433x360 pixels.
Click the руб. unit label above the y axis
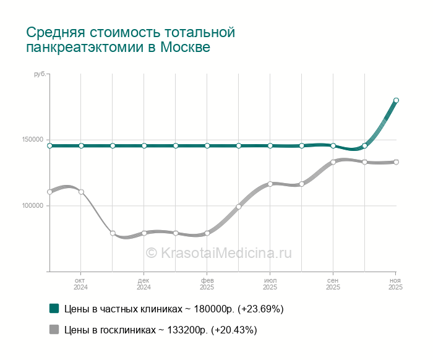pos(39,74)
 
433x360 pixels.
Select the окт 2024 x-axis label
pos(81,284)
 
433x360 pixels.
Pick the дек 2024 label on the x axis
pos(144,284)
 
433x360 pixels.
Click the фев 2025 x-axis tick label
pos(207,284)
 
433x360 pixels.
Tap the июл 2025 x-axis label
pos(270,284)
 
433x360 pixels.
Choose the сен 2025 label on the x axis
pos(333,284)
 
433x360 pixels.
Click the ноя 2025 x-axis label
pos(396,284)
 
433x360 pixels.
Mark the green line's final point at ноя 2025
pos(397,100)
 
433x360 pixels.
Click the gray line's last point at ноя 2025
pos(397,162)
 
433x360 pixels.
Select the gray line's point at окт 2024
pos(81,192)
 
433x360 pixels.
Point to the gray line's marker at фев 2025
pos(207,233)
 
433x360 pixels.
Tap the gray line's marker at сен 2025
pos(333,162)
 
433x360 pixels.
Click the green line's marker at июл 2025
pos(270,146)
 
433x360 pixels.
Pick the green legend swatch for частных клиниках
pos(54,308)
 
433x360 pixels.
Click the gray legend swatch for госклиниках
pos(54,330)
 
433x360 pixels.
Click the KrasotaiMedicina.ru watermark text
pos(218,253)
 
